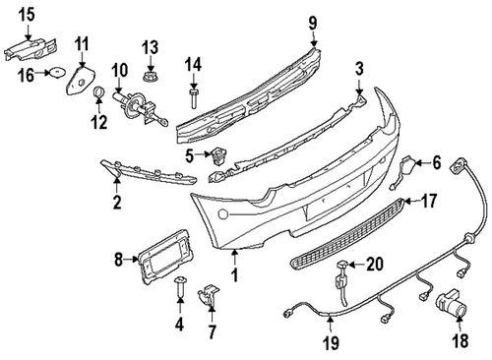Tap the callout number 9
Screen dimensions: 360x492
point(312,23)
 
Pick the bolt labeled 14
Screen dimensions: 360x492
point(195,95)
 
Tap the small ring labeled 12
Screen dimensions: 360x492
point(99,93)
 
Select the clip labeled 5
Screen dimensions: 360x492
point(218,153)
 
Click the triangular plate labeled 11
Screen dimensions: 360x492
point(76,79)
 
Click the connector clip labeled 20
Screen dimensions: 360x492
point(343,270)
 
